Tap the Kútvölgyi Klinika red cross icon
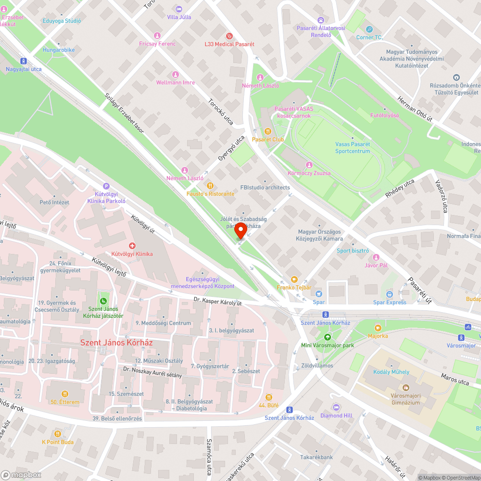(x=132, y=246)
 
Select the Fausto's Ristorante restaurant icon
(x=210, y=186)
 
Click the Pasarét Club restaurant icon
(x=268, y=131)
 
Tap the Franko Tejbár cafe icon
(x=294, y=279)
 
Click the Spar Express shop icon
(x=390, y=294)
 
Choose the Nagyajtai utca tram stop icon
(x=23, y=61)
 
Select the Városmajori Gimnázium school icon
(x=405, y=388)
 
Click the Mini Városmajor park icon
(x=328, y=337)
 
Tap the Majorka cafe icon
(x=378, y=328)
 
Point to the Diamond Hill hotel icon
(x=337, y=407)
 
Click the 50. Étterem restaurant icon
(x=65, y=394)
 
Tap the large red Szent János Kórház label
(x=116, y=342)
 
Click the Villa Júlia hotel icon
(x=179, y=9)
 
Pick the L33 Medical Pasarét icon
(x=229, y=36)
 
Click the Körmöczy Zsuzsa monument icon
(x=309, y=165)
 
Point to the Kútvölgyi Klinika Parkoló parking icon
(x=106, y=187)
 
